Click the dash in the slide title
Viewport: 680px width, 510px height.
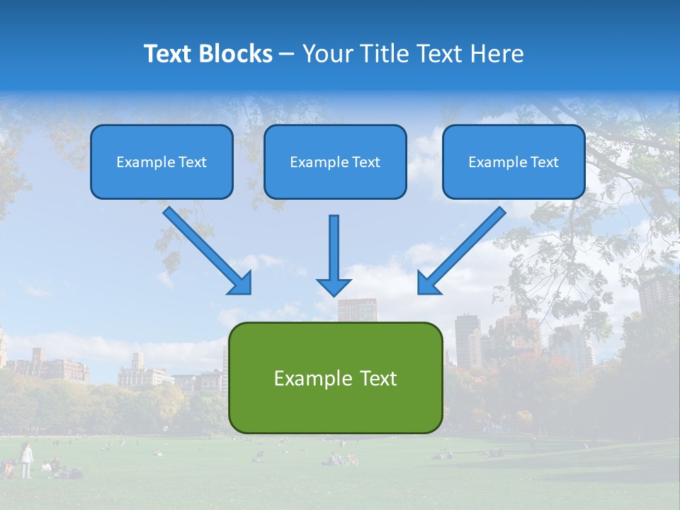tap(287, 55)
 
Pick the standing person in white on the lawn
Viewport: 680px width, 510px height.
tap(26, 460)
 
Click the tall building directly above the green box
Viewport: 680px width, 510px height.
tap(357, 310)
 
